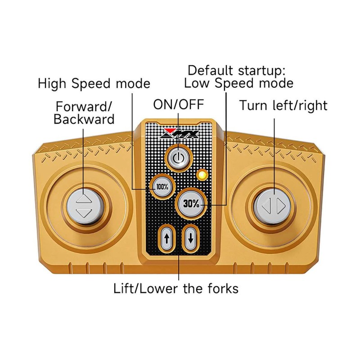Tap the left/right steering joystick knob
274,206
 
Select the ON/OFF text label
179,104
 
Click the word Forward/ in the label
84,107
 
